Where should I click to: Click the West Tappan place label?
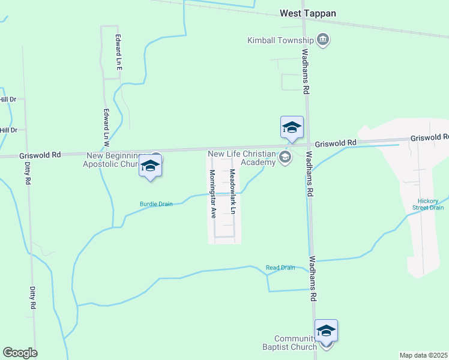[x=308, y=13]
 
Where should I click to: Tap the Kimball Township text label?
[x=281, y=41]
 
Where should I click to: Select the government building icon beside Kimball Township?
[x=324, y=40]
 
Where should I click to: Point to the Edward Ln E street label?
[x=119, y=53]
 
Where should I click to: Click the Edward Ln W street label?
[x=106, y=128]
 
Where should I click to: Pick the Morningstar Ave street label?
[x=212, y=193]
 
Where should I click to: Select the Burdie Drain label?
[x=156, y=204]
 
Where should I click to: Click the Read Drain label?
[x=280, y=268]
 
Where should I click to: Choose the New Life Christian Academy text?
[x=241, y=158]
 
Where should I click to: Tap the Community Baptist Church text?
[x=295, y=343]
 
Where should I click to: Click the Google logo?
[x=20, y=353]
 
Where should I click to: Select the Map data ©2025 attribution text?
[x=423, y=355]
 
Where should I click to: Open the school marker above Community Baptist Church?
[x=326, y=331]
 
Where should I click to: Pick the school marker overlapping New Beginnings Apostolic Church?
[x=150, y=166]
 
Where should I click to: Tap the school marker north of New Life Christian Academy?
[x=292, y=128]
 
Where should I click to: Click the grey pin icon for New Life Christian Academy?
[x=285, y=158]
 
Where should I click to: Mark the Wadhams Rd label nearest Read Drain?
[x=312, y=279]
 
